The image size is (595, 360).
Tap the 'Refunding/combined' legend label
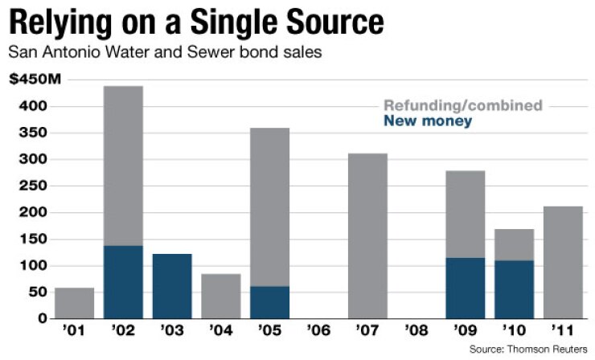click(x=463, y=105)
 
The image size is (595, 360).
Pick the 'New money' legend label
click(x=428, y=121)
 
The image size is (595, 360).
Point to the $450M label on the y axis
click(x=34, y=80)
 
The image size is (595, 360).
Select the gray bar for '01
click(x=74, y=303)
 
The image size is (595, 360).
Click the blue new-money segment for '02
click(x=123, y=282)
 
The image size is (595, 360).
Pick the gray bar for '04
click(x=220, y=297)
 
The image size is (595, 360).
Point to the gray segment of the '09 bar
click(x=465, y=214)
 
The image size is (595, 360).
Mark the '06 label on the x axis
click(x=318, y=329)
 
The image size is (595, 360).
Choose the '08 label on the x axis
click(x=416, y=329)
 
